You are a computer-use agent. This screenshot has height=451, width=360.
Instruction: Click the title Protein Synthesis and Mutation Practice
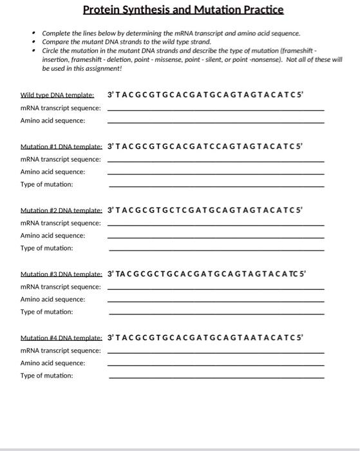[x=183, y=10]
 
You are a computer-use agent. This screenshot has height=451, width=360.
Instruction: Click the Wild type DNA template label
[x=57, y=95]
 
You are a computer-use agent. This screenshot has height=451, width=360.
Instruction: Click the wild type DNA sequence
[x=204, y=95]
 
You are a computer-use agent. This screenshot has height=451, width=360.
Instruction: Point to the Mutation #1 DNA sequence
[x=204, y=146]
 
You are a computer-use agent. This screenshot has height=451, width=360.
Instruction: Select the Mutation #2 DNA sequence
[x=204, y=209]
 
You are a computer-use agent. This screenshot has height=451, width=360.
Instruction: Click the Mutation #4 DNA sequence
[x=204, y=337]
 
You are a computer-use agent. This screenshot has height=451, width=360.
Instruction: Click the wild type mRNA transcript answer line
[x=216, y=110]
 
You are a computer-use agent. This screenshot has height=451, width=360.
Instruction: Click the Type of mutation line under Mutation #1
[x=216, y=186]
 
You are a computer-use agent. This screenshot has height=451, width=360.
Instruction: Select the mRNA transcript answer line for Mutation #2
[x=216, y=225]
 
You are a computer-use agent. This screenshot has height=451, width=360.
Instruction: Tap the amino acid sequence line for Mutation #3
[x=216, y=301]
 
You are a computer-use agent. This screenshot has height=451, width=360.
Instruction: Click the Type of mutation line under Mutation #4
[x=216, y=378]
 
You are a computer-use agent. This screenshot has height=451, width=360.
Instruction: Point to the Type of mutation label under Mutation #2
[x=46, y=248]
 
